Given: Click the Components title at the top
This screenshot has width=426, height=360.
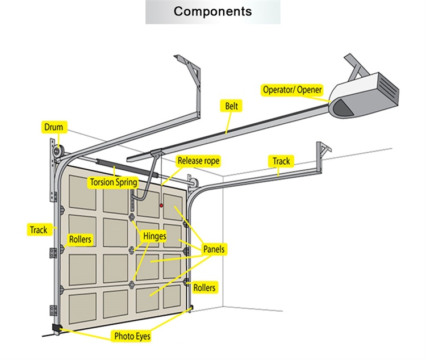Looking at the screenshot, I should click(212, 11).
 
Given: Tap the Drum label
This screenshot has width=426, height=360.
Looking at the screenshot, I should click(54, 127).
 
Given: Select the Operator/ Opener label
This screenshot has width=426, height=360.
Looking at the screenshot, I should click(292, 90).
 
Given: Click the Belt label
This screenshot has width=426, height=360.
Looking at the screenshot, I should click(232, 106).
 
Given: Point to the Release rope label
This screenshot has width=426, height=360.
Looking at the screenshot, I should click(198, 161).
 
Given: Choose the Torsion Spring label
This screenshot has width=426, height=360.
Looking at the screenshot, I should click(113, 182).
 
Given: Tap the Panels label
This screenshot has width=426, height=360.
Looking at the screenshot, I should click(214, 249).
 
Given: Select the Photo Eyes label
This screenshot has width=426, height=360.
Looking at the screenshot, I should click(132, 336).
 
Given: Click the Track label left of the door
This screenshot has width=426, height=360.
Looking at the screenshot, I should click(39, 229).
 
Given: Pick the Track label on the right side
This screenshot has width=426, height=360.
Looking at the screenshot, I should click(281, 161).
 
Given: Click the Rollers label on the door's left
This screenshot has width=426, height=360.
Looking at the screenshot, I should click(80, 240).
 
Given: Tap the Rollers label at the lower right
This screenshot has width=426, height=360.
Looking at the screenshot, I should click(204, 288).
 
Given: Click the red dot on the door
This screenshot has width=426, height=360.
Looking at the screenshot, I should click(161, 204).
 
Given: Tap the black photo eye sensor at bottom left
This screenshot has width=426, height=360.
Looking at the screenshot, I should click(56, 328).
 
